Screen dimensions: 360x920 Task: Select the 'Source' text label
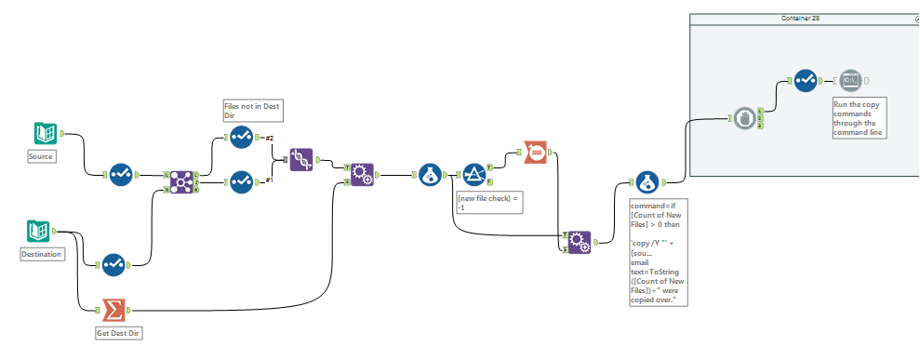point(41,156)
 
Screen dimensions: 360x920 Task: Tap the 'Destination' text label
point(42,253)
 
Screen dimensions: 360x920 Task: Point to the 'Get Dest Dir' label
point(120,332)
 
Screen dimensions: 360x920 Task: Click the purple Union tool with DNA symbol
point(300,159)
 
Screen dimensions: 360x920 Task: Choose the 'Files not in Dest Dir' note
point(252,110)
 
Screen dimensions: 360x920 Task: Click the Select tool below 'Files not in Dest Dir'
point(241,138)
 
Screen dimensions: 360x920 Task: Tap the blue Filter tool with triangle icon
point(474,174)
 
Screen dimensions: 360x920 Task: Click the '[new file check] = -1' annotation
point(488,202)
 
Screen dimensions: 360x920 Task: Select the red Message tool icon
point(535,151)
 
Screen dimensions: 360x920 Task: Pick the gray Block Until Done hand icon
point(743,118)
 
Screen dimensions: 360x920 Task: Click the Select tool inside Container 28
point(806,81)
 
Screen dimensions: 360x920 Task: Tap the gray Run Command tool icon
point(850,81)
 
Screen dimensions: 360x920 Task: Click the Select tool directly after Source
point(121,174)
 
